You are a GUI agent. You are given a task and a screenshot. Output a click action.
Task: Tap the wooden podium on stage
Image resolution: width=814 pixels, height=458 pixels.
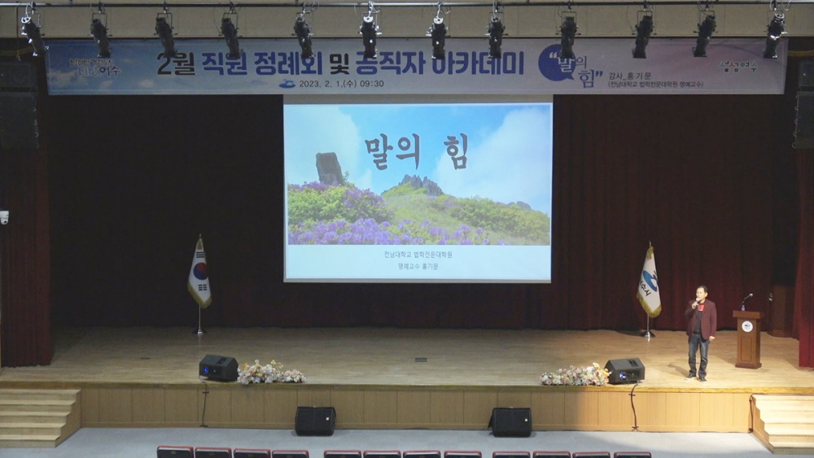747,339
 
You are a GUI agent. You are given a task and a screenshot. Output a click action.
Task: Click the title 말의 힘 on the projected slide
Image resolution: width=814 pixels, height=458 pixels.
416,151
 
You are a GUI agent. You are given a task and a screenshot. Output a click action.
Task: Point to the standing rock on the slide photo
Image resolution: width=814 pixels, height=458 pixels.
329,168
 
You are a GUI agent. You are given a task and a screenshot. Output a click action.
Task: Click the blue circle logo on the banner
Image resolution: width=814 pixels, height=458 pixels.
555,63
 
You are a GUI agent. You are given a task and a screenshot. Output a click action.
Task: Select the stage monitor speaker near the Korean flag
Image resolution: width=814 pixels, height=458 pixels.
218,368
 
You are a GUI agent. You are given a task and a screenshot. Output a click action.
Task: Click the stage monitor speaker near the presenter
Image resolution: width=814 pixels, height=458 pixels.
625,371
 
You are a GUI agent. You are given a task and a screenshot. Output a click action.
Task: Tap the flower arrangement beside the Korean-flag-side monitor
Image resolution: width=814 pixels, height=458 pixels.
269,373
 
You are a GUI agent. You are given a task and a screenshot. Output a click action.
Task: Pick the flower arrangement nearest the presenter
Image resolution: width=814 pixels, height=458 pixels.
575,375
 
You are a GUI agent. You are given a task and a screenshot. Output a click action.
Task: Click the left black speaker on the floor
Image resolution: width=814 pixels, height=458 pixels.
315,421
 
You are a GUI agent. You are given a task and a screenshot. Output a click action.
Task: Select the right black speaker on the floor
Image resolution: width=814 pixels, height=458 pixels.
510,421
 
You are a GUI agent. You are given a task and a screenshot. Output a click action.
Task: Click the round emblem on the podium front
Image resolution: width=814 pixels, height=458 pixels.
747,326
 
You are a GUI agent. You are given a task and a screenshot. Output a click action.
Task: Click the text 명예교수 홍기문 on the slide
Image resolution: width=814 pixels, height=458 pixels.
418,266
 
